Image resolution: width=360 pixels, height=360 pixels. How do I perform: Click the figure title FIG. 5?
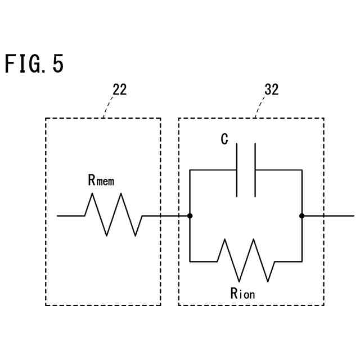(34, 64)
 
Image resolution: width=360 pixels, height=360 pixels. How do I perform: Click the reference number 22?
(119, 90)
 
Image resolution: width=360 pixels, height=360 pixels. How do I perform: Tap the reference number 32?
(271, 90)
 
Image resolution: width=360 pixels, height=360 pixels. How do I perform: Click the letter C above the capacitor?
(224, 139)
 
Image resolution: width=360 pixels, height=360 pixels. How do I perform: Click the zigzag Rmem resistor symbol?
(113, 215)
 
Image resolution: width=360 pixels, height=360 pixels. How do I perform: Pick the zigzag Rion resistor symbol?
(246, 260)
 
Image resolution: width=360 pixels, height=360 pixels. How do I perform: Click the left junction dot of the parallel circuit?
(190, 215)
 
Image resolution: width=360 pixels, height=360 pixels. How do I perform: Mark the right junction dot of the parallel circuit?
(302, 215)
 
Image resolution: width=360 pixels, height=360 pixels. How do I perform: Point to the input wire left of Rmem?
(70, 215)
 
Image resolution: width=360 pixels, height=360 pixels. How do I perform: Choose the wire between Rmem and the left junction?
(166, 215)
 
